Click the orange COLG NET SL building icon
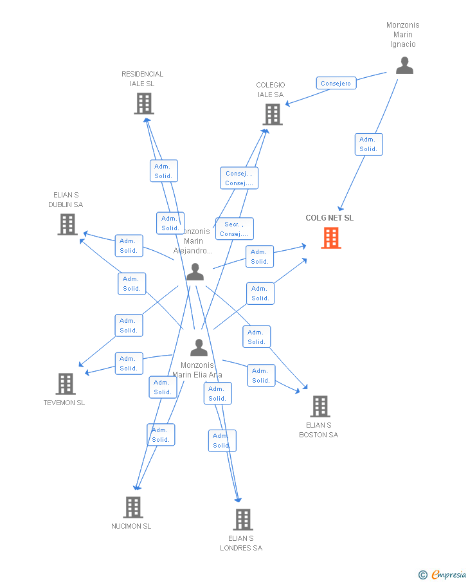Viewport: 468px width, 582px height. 331,238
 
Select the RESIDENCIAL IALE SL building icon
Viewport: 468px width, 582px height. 144,104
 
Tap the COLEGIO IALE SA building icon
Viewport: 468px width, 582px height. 273,114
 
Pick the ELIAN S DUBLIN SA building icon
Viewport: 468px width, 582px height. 67,224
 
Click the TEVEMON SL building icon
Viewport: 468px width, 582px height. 66,384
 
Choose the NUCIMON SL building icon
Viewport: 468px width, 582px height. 132,507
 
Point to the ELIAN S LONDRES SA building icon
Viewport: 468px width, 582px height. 242,520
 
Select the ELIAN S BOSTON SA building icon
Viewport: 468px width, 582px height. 320,406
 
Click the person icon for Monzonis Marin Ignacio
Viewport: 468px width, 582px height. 404,66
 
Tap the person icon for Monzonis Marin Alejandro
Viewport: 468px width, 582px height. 195,273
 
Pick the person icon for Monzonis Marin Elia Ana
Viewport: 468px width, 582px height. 199,348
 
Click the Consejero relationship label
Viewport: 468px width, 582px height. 336,83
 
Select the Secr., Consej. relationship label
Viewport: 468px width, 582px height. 234,229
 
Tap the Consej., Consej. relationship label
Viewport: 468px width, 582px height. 239,178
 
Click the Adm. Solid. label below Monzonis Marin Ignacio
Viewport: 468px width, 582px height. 368,144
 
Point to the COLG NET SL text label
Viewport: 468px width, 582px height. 329,218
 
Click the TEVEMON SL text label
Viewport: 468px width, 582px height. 64,403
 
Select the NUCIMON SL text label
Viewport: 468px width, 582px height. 131,526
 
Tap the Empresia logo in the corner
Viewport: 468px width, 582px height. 449,574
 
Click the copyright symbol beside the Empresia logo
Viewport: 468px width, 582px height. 423,575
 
